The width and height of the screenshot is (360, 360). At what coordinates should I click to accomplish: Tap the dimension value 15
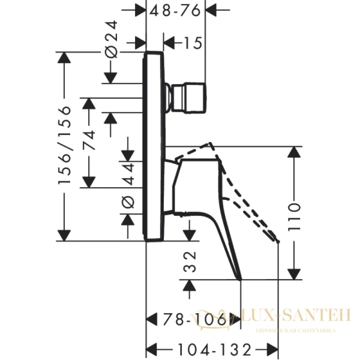click(x=192, y=44)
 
